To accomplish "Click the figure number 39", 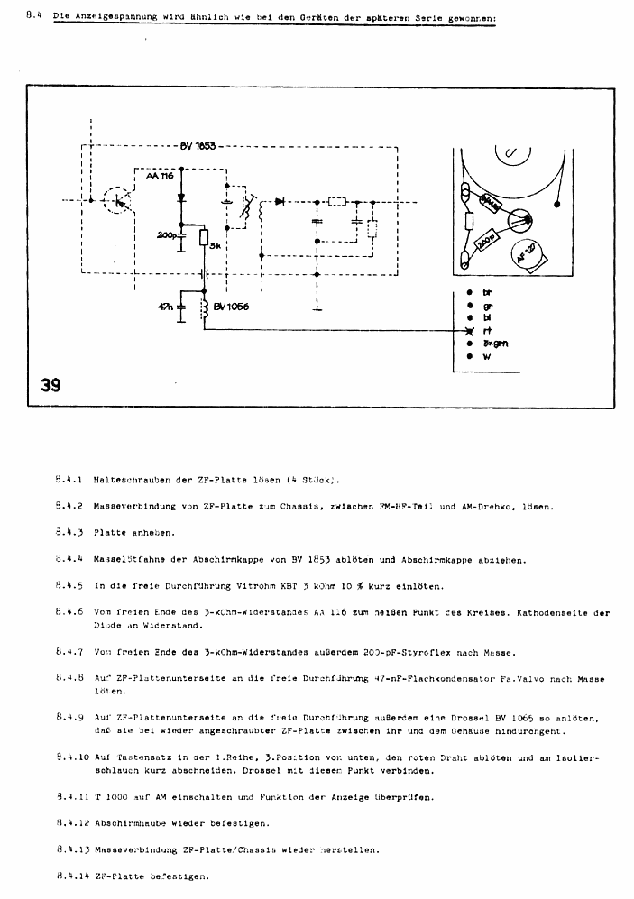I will (x=51, y=385).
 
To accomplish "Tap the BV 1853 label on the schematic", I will (x=198, y=146).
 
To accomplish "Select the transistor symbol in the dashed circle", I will (x=115, y=199).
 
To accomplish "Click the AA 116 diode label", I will (x=159, y=177).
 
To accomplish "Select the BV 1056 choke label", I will (x=231, y=307).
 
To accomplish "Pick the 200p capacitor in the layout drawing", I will (x=487, y=243).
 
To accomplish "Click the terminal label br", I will (x=488, y=292).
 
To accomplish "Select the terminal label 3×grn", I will (x=494, y=344).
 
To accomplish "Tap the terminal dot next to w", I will (x=470, y=357).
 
